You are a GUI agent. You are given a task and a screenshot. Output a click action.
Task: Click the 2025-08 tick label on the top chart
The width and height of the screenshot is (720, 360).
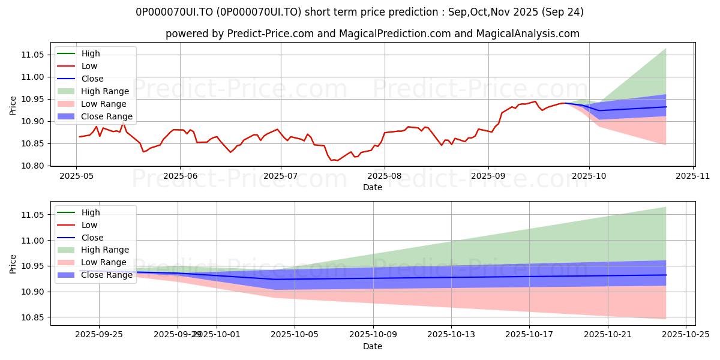coord(385,176)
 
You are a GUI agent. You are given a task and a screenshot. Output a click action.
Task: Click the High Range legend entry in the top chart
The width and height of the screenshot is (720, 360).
coord(105,92)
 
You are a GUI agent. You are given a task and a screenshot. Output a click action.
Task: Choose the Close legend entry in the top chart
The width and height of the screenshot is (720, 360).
coord(92,79)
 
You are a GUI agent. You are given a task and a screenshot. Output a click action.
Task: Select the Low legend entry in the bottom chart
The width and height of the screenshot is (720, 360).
coord(89,225)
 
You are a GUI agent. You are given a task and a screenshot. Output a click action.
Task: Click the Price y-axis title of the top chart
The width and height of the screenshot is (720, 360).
coord(13,106)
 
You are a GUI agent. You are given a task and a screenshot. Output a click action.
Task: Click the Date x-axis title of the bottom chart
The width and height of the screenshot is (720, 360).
coord(372,347)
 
